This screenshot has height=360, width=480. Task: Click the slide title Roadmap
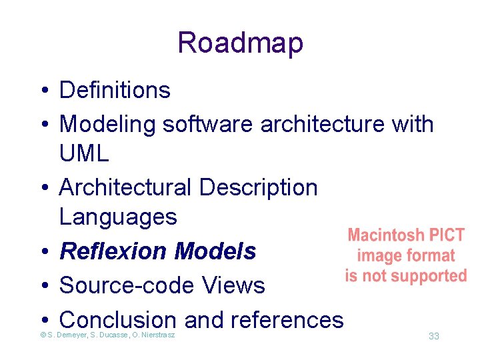[240, 43]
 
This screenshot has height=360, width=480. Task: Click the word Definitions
[115, 90]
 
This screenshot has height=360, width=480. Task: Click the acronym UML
[84, 154]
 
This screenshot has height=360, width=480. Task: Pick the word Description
[259, 187]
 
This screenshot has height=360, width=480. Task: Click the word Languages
[118, 217]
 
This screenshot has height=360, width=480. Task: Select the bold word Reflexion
[114, 251]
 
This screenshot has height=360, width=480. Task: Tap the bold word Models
[215, 251]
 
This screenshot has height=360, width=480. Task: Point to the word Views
[233, 285]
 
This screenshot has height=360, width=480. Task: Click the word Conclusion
[118, 320]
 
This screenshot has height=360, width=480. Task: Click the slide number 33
[433, 336]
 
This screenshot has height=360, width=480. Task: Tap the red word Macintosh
[386, 235]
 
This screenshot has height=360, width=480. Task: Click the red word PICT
[447, 235]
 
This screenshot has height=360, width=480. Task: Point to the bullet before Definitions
[41, 91]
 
